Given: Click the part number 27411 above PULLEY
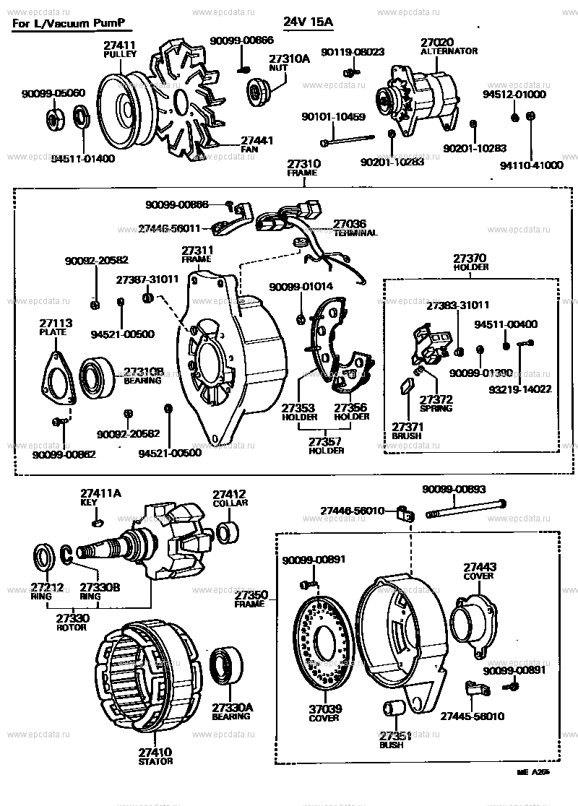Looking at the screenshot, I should coord(120,45).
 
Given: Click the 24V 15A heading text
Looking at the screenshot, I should coord(309,22).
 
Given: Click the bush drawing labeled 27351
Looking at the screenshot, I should coord(394,710).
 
